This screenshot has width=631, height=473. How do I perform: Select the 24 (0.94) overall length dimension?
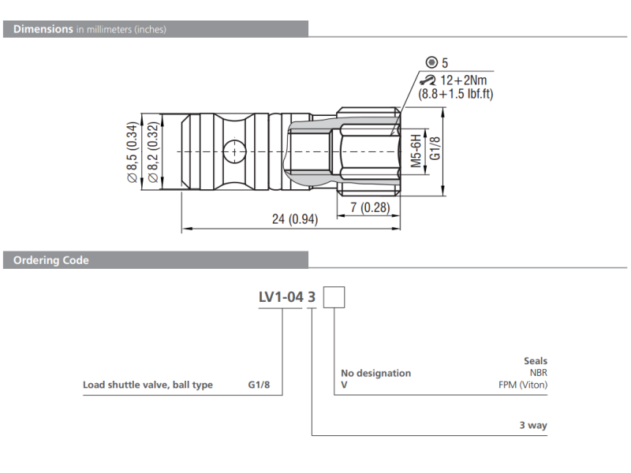click(294, 220)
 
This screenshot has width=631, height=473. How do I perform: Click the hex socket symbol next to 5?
click(431, 62)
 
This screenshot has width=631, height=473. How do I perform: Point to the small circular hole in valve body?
click(234, 150)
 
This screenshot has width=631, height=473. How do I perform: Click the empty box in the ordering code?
click(335, 297)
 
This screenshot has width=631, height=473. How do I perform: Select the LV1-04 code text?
click(280, 297)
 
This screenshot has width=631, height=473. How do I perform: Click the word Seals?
click(535, 361)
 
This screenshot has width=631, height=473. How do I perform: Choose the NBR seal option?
click(538, 373)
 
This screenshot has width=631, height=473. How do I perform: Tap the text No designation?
click(375, 373)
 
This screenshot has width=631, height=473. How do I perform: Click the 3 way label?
click(533, 426)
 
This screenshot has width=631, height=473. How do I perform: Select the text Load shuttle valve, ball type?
click(148, 385)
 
